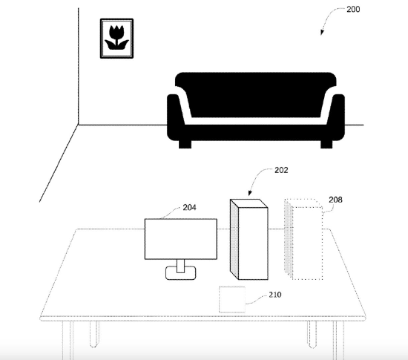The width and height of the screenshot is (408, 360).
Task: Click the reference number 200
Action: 353,10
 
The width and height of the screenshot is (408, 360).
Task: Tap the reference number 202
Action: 281,170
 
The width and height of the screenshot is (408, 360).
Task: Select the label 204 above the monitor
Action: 189,207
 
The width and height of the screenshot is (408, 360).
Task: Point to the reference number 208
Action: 335,200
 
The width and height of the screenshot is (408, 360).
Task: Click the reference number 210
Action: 275,295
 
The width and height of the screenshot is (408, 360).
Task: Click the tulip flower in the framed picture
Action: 116,38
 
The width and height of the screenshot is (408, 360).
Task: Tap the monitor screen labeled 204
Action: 181,239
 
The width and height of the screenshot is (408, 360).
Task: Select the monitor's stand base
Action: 181,273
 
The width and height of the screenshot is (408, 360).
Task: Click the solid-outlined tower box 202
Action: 249,240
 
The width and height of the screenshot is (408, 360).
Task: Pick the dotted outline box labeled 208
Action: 303,240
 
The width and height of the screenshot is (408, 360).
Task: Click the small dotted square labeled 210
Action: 232,299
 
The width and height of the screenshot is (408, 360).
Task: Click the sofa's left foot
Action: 185,145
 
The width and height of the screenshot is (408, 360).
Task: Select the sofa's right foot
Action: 326,145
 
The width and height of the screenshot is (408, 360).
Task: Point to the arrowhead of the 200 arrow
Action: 322,33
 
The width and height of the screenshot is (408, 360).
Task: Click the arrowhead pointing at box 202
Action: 250,193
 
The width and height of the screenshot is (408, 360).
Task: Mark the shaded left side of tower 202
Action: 234,240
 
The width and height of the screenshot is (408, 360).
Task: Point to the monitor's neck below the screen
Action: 180,266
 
